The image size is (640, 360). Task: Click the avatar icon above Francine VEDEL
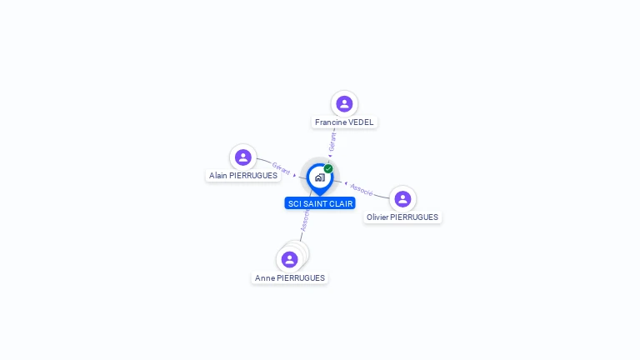point(344,104)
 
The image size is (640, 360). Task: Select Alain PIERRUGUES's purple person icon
point(242,157)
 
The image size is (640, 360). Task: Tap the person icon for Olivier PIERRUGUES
point(402,199)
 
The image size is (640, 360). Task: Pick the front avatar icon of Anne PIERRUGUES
point(289,259)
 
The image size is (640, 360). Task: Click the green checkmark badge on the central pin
point(328,169)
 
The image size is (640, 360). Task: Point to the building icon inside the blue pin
point(319,177)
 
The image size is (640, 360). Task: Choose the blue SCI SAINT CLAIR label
point(320,203)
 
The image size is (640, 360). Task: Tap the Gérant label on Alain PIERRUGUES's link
point(282,168)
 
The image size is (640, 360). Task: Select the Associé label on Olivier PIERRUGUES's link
point(361,189)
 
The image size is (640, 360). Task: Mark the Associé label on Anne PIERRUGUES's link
point(305,221)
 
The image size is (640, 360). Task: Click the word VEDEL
point(361,122)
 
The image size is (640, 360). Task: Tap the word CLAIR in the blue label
point(342,203)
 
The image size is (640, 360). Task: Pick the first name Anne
point(264,278)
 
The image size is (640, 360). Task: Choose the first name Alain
point(219,176)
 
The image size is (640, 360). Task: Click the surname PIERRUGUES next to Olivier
point(414,217)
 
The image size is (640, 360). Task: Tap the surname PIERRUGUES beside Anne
point(301,278)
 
